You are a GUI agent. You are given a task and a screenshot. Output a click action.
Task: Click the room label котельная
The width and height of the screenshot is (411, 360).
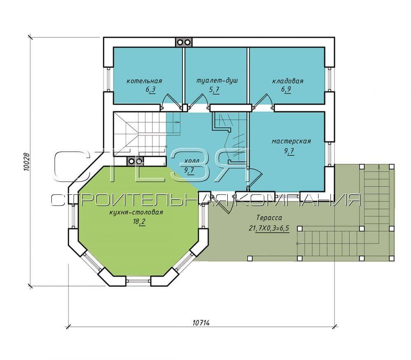tap(144, 81)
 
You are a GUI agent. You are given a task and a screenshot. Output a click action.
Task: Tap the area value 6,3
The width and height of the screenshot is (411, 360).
tap(151, 90)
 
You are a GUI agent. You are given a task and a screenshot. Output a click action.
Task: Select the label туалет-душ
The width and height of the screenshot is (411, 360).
tap(217, 81)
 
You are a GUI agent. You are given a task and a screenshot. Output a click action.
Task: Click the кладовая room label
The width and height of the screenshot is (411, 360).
tap(288, 81)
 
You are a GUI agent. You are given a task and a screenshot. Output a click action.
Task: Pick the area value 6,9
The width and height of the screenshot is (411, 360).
tap(286, 89)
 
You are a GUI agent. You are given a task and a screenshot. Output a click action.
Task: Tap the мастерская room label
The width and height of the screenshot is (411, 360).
tap(291, 141)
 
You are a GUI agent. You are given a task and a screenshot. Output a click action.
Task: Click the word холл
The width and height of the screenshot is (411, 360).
tap(192, 161)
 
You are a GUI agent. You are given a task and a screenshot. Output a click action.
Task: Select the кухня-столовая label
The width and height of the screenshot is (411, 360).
tap(136, 212)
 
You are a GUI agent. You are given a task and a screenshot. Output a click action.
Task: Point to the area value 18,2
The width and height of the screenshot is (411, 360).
tap(139, 222)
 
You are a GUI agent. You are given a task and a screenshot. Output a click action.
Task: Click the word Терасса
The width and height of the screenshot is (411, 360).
tap(269, 218)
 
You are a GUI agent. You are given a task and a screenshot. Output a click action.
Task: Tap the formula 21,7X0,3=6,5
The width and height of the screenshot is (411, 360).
tap(269, 228)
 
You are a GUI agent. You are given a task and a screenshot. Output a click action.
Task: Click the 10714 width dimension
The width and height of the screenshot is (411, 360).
tap(201, 323)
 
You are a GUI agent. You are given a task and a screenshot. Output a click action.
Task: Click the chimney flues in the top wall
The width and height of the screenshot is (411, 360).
tap(183, 42)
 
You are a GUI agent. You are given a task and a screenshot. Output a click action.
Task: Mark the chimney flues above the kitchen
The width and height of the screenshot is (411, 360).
tap(136, 161)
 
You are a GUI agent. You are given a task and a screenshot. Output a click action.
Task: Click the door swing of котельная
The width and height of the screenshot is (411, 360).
tap(171, 101)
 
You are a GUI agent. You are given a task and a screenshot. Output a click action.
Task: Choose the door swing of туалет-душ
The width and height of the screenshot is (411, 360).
tap(199, 101)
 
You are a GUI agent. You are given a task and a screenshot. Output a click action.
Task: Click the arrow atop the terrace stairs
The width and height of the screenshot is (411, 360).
tap(379, 166)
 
